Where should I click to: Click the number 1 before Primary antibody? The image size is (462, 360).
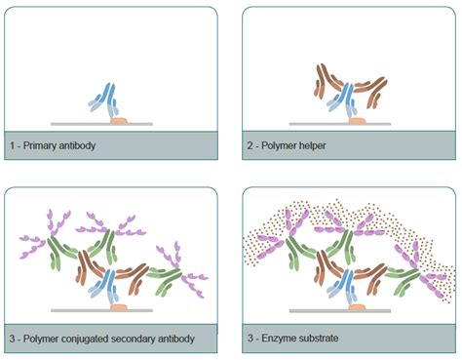tap(13, 145)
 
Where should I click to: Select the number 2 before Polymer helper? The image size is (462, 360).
tap(250, 145)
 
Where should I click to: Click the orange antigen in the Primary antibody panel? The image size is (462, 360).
tap(119, 120)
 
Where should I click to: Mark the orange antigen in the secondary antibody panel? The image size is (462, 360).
tap(120, 306)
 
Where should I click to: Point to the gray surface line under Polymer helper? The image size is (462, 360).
tap(312, 124)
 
